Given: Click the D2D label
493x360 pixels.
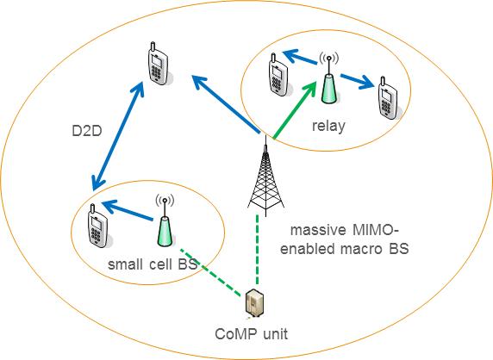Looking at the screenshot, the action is click(87, 131).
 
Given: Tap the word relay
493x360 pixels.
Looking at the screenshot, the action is click(328, 126).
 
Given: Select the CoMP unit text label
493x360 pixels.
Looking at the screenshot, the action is click(251, 333).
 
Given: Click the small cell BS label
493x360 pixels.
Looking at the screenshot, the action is click(153, 264).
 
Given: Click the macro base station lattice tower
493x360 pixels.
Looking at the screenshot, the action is click(266, 176).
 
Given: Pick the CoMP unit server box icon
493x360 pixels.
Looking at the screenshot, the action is click(254, 304).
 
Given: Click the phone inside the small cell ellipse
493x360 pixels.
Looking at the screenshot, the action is click(99, 226).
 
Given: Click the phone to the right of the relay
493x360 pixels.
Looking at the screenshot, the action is click(389, 98).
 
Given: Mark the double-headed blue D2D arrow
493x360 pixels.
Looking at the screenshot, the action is click(118, 136).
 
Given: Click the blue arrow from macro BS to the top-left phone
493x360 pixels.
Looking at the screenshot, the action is click(226, 103).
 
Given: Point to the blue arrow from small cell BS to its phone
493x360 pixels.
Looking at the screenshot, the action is click(128, 210).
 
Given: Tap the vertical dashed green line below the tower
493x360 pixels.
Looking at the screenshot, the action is click(257, 249).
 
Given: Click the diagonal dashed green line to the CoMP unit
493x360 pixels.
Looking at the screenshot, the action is click(210, 272).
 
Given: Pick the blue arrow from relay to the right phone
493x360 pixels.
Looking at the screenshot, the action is click(359, 81).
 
